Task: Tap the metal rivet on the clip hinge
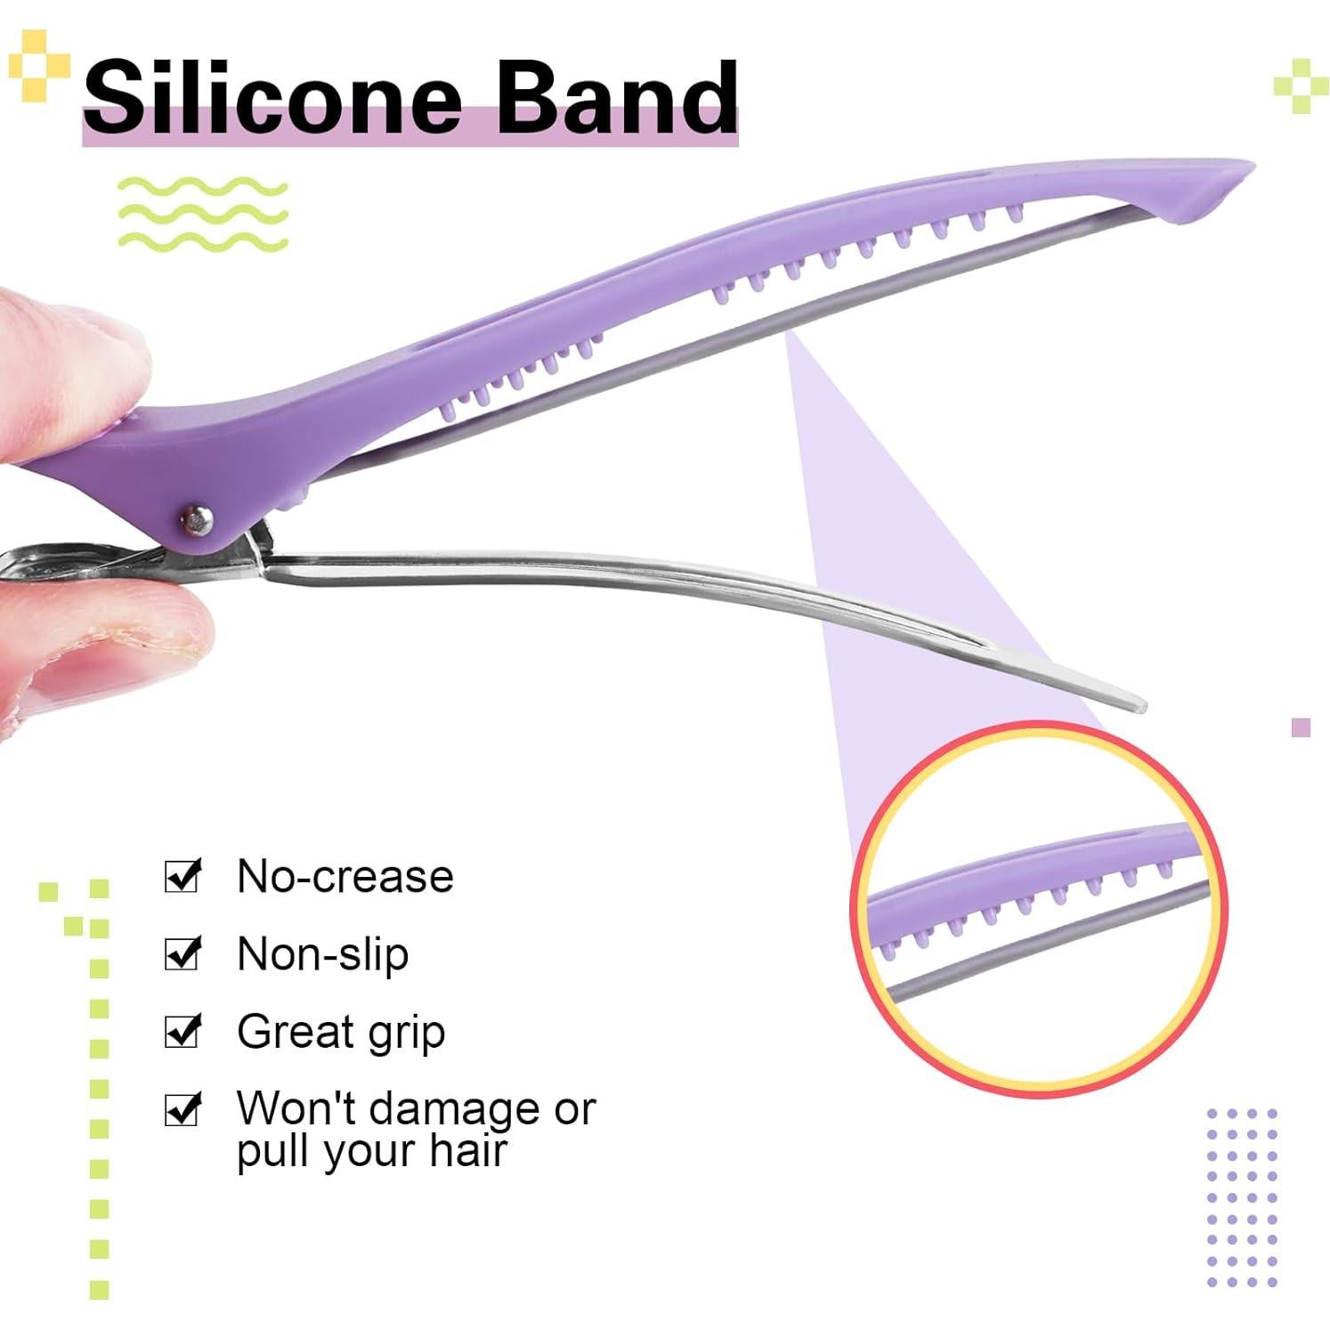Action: point(195,515)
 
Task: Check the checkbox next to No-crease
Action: point(183,876)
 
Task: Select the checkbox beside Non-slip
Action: point(183,953)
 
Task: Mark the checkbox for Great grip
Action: point(183,1031)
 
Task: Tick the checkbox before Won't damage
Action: point(183,1109)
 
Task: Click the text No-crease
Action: point(345,877)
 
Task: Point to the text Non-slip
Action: point(322,955)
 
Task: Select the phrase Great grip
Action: point(341,1033)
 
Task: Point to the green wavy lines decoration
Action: point(203,212)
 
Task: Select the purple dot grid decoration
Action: point(1242,1197)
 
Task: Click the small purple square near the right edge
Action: point(1300,727)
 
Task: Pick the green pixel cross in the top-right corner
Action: point(1301,85)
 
